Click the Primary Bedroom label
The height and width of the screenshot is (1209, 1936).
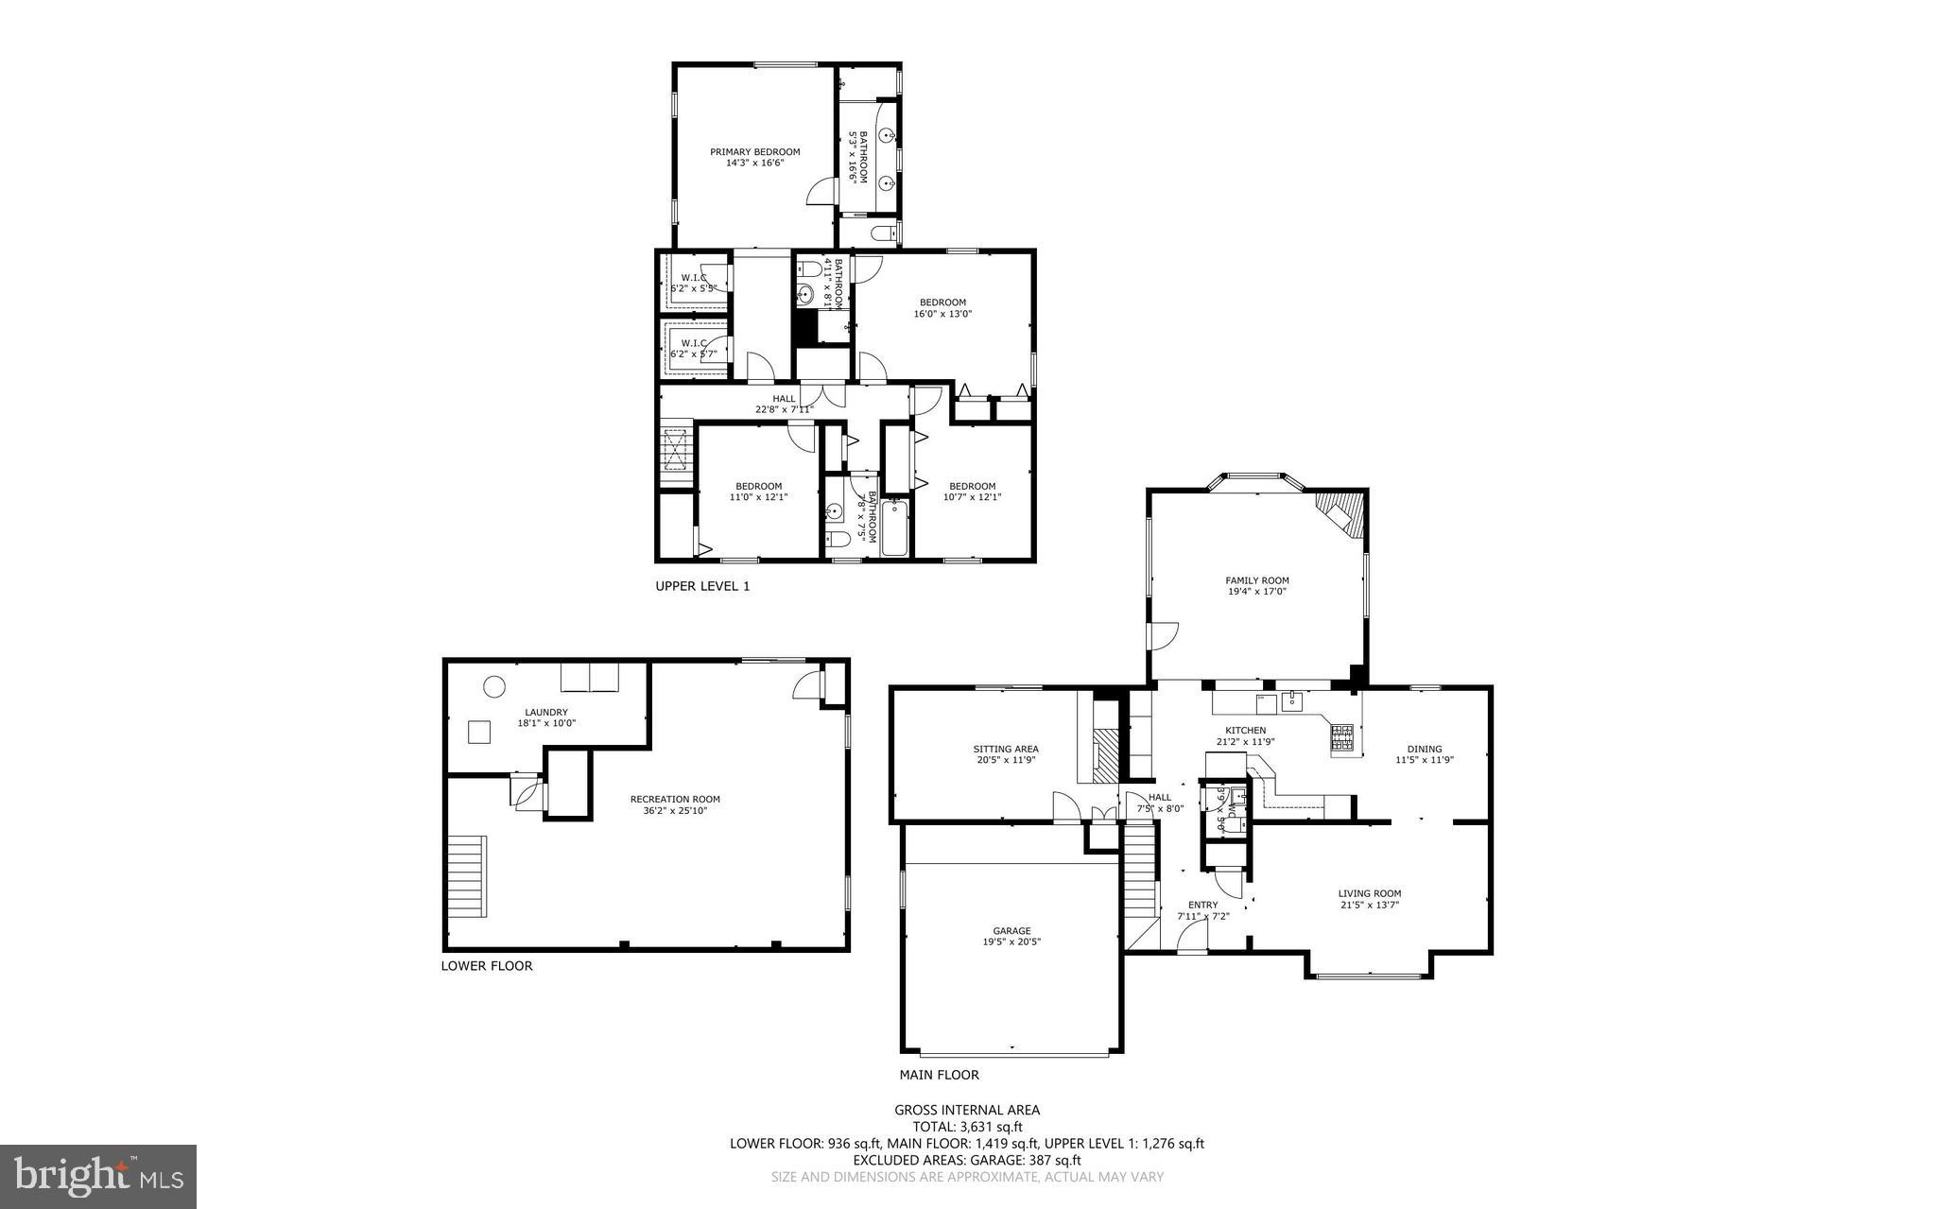[754, 152]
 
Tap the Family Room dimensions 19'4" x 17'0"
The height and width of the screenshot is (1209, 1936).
[1256, 592]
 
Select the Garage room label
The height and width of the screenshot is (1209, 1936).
[1011, 930]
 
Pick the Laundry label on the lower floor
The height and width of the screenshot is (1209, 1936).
[546, 713]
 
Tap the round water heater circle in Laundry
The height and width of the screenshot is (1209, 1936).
[493, 687]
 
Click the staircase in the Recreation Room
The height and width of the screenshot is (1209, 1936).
[467, 876]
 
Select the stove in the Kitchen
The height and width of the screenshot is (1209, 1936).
[1341, 741]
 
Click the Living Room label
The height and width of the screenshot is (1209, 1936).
[1369, 893]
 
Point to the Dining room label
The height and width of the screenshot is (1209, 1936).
[1424, 749]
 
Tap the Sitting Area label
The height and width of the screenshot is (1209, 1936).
[1006, 749]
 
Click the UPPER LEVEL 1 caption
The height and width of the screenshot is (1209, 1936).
[702, 586]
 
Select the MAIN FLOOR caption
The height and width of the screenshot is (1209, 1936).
[939, 1075]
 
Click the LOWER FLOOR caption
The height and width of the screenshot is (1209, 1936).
[487, 966]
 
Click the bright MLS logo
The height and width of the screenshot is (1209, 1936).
[98, 1176]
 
